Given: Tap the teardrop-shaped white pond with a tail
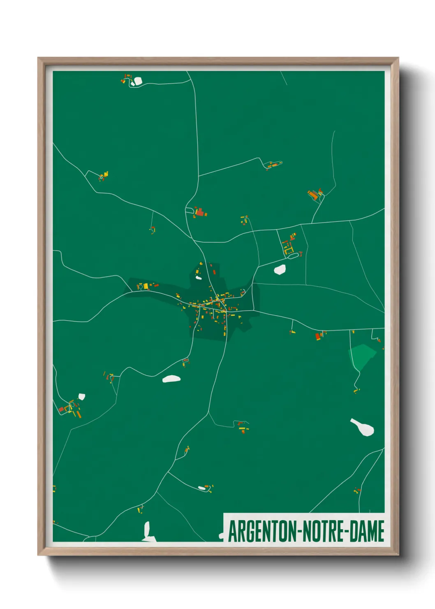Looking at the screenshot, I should pyautogui.click(x=363, y=427).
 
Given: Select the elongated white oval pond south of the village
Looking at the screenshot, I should pyautogui.click(x=171, y=379).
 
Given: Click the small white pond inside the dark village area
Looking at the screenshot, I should pyautogui.click(x=199, y=278).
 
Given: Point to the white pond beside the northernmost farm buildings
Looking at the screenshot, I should pyautogui.click(x=137, y=81).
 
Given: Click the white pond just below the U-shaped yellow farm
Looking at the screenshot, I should pyautogui.click(x=280, y=270).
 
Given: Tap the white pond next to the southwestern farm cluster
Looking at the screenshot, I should pyautogui.click(x=81, y=396).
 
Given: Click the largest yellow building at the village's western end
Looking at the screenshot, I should pyautogui.click(x=145, y=286).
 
